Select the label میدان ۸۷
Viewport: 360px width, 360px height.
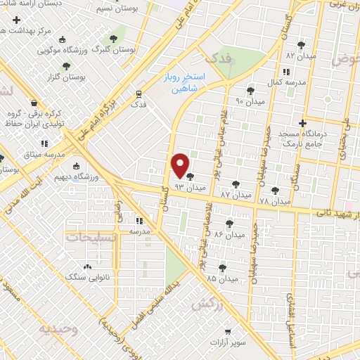236,193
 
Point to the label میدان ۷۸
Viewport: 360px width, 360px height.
275,201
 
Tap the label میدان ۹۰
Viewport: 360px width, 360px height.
250,101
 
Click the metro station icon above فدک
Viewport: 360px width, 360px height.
139,92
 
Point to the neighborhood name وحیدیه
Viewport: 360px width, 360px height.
56,329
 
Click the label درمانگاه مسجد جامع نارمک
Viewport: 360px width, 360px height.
300,139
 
